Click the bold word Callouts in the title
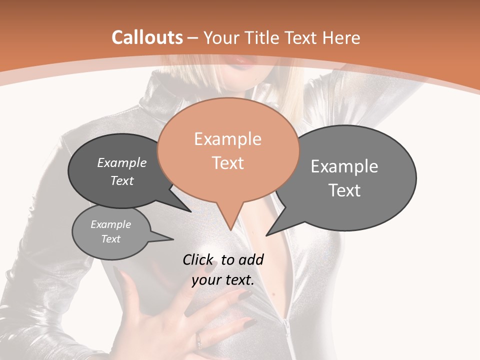pos(147,37)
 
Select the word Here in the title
pos(342,38)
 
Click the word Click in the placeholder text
pos(198,259)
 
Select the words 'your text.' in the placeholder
pos(223,280)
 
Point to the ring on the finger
pos(199,341)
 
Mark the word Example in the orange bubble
pos(228,139)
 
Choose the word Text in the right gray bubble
pos(345,190)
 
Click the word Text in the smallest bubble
pos(111,239)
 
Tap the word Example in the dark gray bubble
pos(122,163)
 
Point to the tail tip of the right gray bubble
pos(267,235)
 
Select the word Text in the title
pos(301,38)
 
